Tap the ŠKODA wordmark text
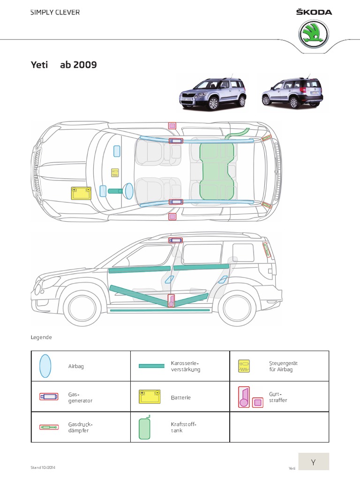tap(314, 12)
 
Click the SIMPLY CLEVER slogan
tap(55, 13)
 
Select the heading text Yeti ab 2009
tap(63, 65)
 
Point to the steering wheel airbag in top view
tap(128, 190)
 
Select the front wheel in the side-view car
tap(80, 307)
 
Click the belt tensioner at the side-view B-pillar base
tap(172, 301)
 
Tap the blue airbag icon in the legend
tap(45, 366)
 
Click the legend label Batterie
tap(180, 397)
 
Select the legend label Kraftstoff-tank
tap(183, 427)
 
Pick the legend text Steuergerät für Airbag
tap(283, 366)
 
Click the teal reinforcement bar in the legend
tap(151, 366)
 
